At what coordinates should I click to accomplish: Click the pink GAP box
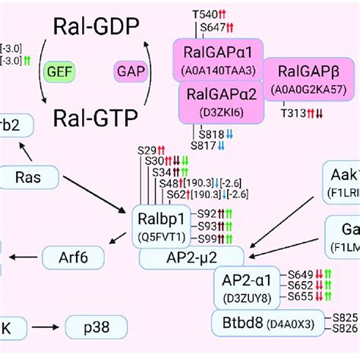pyautogui.click(x=131, y=72)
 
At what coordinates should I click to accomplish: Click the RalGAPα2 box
pyautogui.click(x=217, y=103)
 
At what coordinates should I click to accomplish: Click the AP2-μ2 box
pyautogui.click(x=191, y=257)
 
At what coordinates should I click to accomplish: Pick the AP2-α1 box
pyautogui.click(x=241, y=285)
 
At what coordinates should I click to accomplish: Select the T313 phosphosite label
pyautogui.click(x=292, y=114)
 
